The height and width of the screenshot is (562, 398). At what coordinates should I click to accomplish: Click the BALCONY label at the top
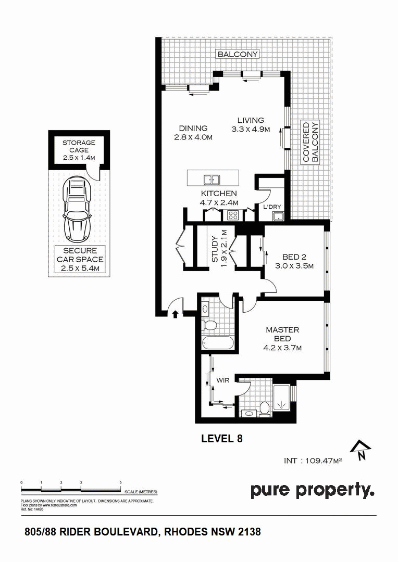tap(238, 54)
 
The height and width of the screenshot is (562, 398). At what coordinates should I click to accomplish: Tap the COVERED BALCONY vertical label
tap(310, 142)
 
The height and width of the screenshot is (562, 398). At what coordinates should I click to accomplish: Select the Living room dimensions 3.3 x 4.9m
tap(251, 129)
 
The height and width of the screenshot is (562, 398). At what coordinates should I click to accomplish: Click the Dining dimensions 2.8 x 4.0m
tap(193, 137)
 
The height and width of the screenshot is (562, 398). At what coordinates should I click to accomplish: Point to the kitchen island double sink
tap(212, 179)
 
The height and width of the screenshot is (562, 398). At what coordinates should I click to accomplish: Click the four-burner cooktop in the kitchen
tap(233, 215)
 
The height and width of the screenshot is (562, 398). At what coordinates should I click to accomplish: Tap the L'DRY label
tap(272, 207)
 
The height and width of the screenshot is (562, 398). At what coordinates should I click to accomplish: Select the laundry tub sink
tap(278, 216)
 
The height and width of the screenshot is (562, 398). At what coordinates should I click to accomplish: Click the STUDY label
tap(215, 249)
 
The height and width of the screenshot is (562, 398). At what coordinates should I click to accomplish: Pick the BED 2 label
tap(294, 257)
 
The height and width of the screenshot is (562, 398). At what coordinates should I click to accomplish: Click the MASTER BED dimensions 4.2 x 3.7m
tap(282, 347)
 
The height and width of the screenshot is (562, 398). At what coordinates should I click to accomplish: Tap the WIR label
tap(223, 380)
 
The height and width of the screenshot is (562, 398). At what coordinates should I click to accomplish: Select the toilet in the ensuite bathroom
tap(265, 409)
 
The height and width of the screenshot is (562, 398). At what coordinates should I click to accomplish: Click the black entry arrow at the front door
tap(176, 314)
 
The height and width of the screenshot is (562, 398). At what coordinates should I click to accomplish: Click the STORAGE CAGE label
tap(79, 146)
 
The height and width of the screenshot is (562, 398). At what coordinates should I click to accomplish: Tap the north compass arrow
tap(360, 450)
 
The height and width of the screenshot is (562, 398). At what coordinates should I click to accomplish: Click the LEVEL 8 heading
tap(222, 438)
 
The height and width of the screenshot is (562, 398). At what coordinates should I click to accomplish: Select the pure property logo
tap(312, 491)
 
